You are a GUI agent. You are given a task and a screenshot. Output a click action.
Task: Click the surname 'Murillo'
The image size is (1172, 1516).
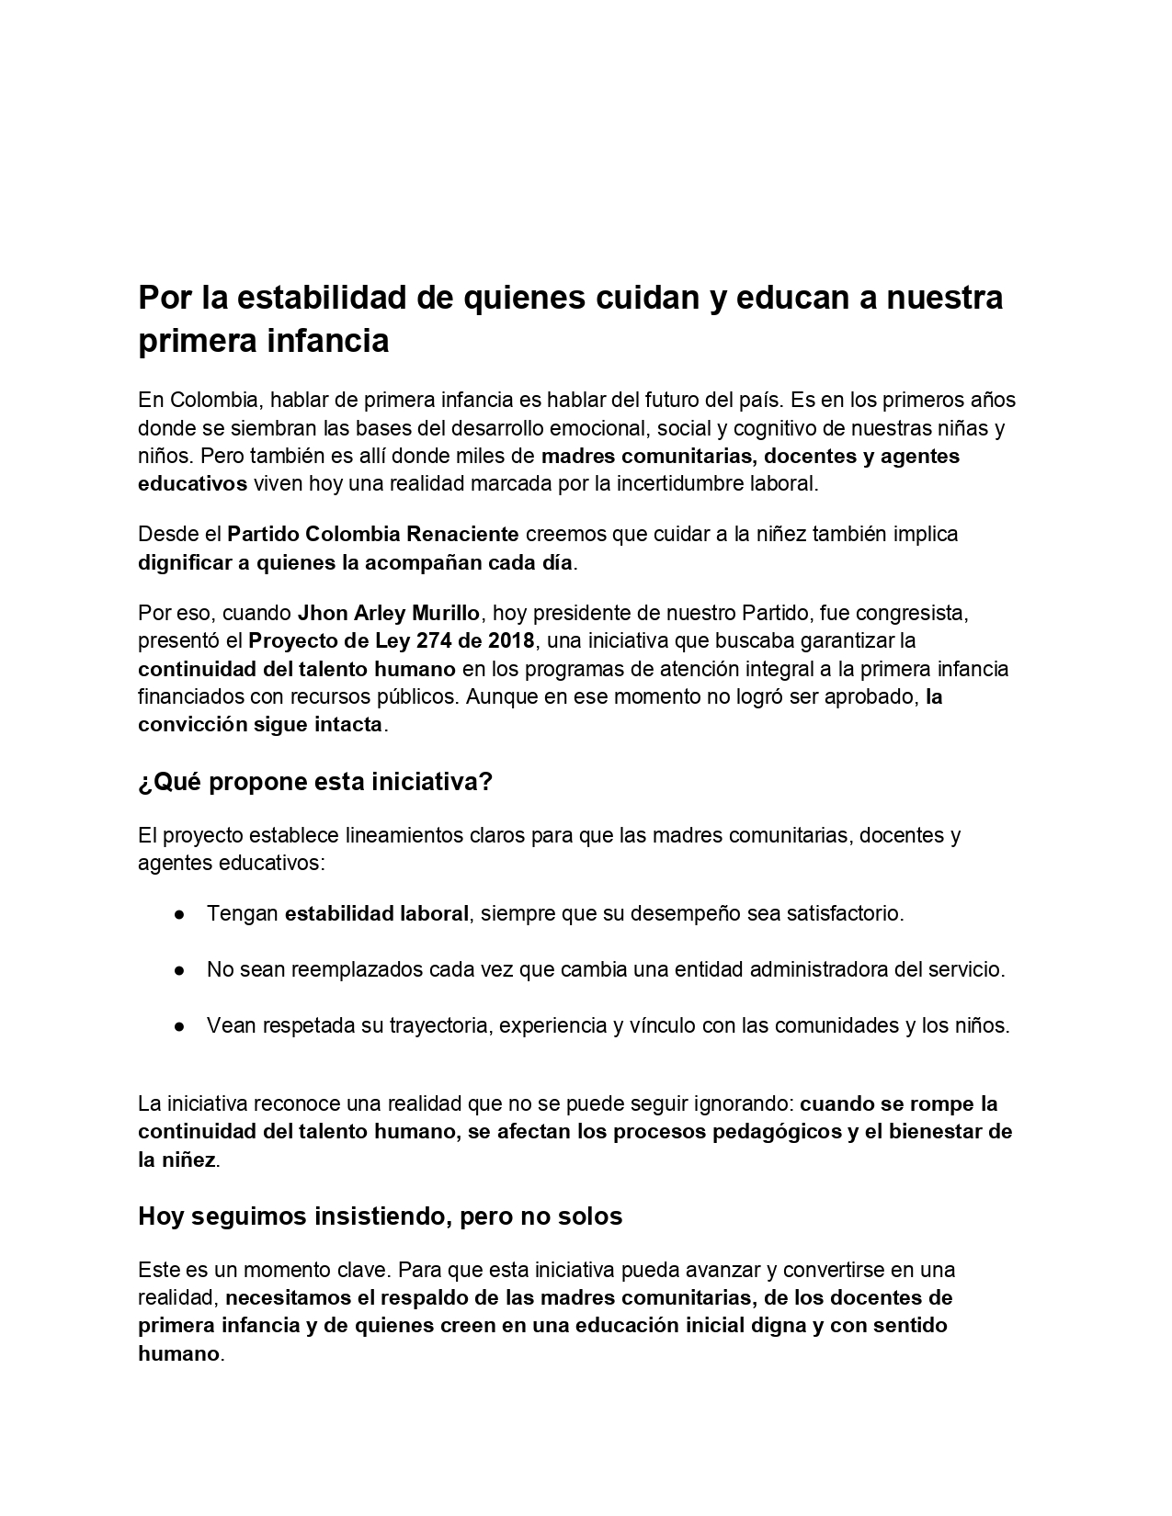click(x=446, y=613)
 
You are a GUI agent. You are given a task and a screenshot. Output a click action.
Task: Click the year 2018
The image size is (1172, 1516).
click(x=511, y=640)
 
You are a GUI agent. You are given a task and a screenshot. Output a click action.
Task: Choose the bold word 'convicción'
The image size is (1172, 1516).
click(x=189, y=724)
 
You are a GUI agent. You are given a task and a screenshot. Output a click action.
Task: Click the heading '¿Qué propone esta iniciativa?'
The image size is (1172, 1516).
click(x=315, y=782)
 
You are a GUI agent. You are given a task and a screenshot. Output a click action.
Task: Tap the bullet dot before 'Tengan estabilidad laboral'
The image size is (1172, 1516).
click(x=179, y=914)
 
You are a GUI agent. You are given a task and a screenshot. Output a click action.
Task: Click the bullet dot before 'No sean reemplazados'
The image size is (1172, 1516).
click(x=179, y=970)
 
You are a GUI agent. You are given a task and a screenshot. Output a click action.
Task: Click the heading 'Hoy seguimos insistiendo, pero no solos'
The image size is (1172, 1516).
click(x=380, y=1216)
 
